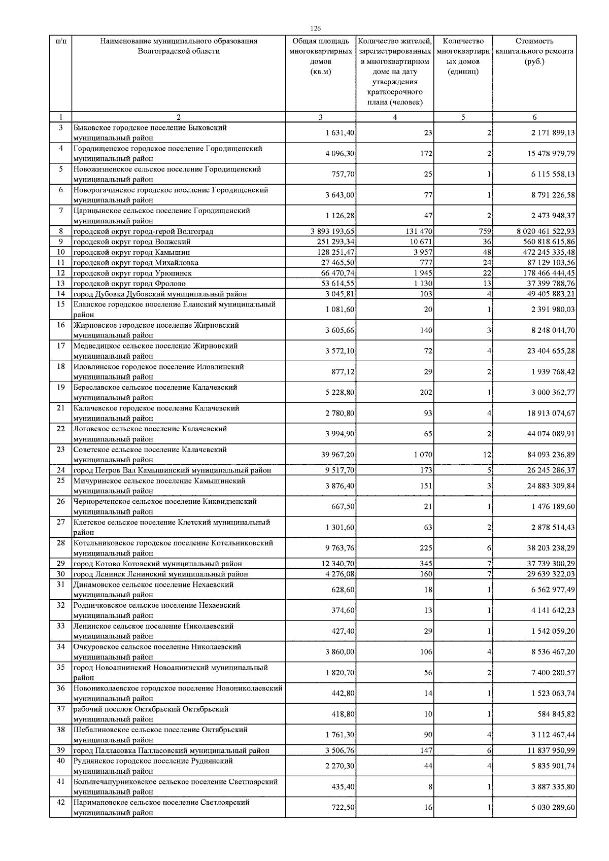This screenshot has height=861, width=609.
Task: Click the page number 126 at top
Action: pos(315,29)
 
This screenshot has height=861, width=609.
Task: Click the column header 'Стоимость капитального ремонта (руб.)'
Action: pos(534,51)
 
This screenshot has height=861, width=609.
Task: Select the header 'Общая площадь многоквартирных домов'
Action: pos(320,56)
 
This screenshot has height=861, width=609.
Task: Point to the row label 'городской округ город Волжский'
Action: pos(132,242)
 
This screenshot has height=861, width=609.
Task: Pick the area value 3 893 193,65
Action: pos(333,231)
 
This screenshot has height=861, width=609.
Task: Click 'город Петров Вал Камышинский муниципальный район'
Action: pos(173,470)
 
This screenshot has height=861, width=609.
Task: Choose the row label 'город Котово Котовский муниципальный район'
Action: pos(158,564)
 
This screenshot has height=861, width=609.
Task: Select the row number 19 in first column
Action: pos(60,387)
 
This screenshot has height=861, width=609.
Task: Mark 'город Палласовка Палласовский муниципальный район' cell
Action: pos(172,750)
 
